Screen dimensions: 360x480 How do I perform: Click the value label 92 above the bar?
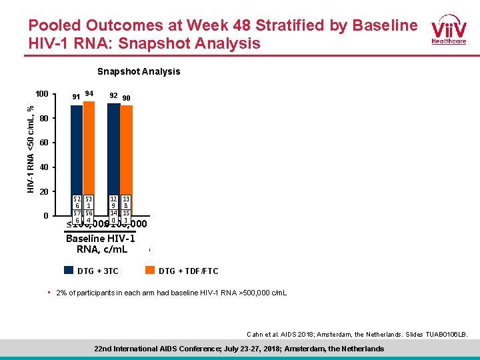coord(113,95)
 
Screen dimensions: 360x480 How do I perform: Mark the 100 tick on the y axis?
coord(42,94)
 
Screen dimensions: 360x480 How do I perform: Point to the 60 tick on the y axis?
coord(44,143)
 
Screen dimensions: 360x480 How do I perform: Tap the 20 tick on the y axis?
coord(44,192)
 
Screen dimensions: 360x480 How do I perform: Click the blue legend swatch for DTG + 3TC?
coord(69,271)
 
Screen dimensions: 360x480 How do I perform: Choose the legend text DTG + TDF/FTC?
coord(188,271)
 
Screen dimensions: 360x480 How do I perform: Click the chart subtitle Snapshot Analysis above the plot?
coord(139,71)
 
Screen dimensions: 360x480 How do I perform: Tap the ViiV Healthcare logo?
coord(448,30)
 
